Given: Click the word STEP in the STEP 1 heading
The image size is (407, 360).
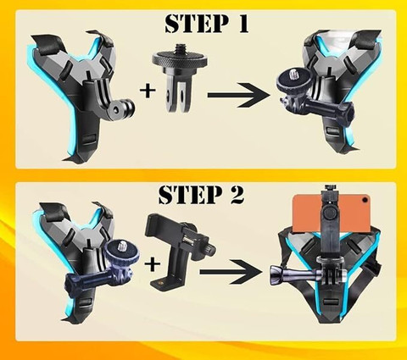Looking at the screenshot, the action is click(196, 24).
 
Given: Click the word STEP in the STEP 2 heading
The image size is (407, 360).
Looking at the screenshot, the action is click(190, 195).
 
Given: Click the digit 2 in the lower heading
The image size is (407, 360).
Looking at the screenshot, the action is click(236, 195).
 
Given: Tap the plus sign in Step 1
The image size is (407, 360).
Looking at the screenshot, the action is click(148, 91).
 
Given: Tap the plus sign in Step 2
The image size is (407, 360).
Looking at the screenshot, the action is click(153, 264).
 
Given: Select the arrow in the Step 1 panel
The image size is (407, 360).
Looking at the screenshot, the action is click(239, 95).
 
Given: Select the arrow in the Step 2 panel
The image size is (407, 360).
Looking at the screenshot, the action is click(231, 272).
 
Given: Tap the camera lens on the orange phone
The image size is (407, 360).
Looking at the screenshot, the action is click(365, 200).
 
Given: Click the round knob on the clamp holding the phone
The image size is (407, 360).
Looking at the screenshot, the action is click(329, 213).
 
